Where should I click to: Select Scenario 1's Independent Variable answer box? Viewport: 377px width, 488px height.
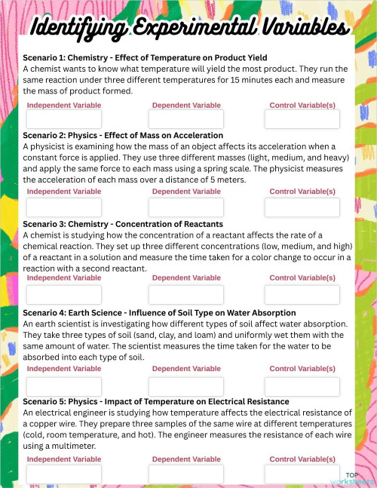point(63,119)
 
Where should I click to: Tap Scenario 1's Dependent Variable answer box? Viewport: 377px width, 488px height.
point(186,119)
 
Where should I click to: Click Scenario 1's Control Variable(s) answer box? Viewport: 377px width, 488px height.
point(302,119)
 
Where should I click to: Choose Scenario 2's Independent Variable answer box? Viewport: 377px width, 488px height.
point(63,207)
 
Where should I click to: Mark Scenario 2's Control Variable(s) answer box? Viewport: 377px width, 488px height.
point(302,207)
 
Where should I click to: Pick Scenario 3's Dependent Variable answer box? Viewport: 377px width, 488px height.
point(186,295)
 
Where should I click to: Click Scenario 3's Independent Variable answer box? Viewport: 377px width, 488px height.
point(63,295)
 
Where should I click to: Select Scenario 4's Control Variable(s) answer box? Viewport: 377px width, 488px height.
point(302,386)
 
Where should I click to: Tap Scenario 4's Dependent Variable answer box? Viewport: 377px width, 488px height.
point(186,386)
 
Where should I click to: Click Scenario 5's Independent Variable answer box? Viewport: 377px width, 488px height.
point(63,474)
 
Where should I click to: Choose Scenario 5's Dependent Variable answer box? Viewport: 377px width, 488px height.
point(186,474)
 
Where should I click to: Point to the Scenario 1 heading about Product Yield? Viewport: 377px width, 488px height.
point(145,57)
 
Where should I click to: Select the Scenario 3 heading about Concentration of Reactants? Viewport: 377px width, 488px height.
point(123,224)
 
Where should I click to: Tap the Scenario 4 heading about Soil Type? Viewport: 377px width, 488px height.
point(159,312)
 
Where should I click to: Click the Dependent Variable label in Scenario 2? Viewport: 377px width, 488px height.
point(186,192)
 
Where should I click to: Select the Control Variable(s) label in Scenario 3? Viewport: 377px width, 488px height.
point(302,278)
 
